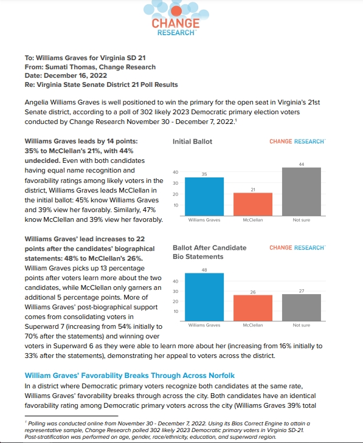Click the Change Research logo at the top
coord(176,18)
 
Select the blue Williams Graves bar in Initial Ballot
coord(204,197)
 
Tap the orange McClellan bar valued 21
coord(253,204)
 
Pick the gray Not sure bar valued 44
coord(302,192)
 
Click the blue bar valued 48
coord(204,297)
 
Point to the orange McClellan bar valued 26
coord(253,308)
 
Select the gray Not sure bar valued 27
coord(302,307)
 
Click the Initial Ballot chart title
coord(192,142)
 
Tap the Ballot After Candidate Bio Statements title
coord(210,252)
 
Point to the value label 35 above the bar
coord(204,174)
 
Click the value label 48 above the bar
coord(204,270)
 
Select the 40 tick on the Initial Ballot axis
coord(175,172)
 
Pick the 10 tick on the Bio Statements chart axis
coord(175,311)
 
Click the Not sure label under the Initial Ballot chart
coord(302,220)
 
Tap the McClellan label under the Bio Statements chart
coord(253,325)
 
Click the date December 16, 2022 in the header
coord(75,76)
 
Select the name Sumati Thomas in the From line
coord(70,67)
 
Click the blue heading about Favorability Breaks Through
coord(130,376)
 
